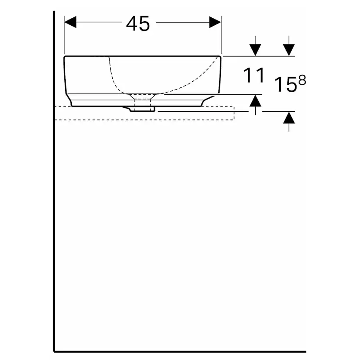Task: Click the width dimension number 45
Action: tap(138, 24)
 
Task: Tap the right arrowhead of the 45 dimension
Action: tap(215, 22)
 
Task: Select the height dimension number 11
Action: tap(254, 76)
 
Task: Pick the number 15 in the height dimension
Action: tap(285, 85)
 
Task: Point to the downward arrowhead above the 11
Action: tap(256, 50)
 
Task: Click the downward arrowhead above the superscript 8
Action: tap(289, 50)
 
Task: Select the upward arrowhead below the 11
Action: tap(256, 101)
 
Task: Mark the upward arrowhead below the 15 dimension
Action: tap(289, 118)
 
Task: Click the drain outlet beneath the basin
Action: tap(143, 108)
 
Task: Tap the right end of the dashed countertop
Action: tap(234, 113)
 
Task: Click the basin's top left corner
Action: tap(65, 57)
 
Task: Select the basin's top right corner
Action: tap(221, 57)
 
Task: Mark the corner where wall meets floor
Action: tap(54, 350)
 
